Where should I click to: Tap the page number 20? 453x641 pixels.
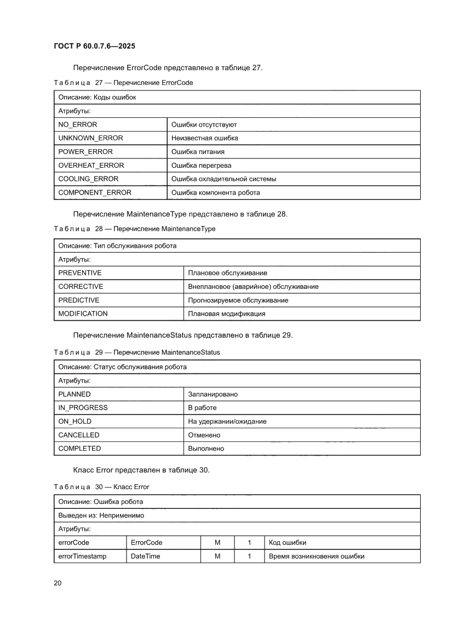tap(58, 583)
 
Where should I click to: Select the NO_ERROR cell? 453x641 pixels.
tap(78, 124)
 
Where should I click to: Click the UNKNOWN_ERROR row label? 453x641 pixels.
tap(90, 138)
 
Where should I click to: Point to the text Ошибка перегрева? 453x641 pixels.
tap(201, 166)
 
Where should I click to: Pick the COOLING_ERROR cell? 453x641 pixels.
tap(88, 179)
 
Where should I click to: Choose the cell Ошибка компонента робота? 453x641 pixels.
tap(215, 192)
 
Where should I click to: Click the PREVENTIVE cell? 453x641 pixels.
tap(80, 273)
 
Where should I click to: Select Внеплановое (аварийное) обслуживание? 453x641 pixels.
tap(253, 286)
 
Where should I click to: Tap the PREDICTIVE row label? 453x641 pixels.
tap(79, 300)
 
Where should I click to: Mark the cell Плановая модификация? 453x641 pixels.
tap(226, 314)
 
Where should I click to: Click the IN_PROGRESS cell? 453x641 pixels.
tap(83, 407)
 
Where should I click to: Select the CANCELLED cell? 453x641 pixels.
tap(79, 435)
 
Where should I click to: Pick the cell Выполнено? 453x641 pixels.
tap(206, 449)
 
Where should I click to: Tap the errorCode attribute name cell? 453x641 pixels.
tap(73, 542)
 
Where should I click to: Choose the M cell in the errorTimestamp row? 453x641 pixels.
tap(217, 556)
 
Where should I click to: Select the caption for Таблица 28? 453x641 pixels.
tap(134, 229)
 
